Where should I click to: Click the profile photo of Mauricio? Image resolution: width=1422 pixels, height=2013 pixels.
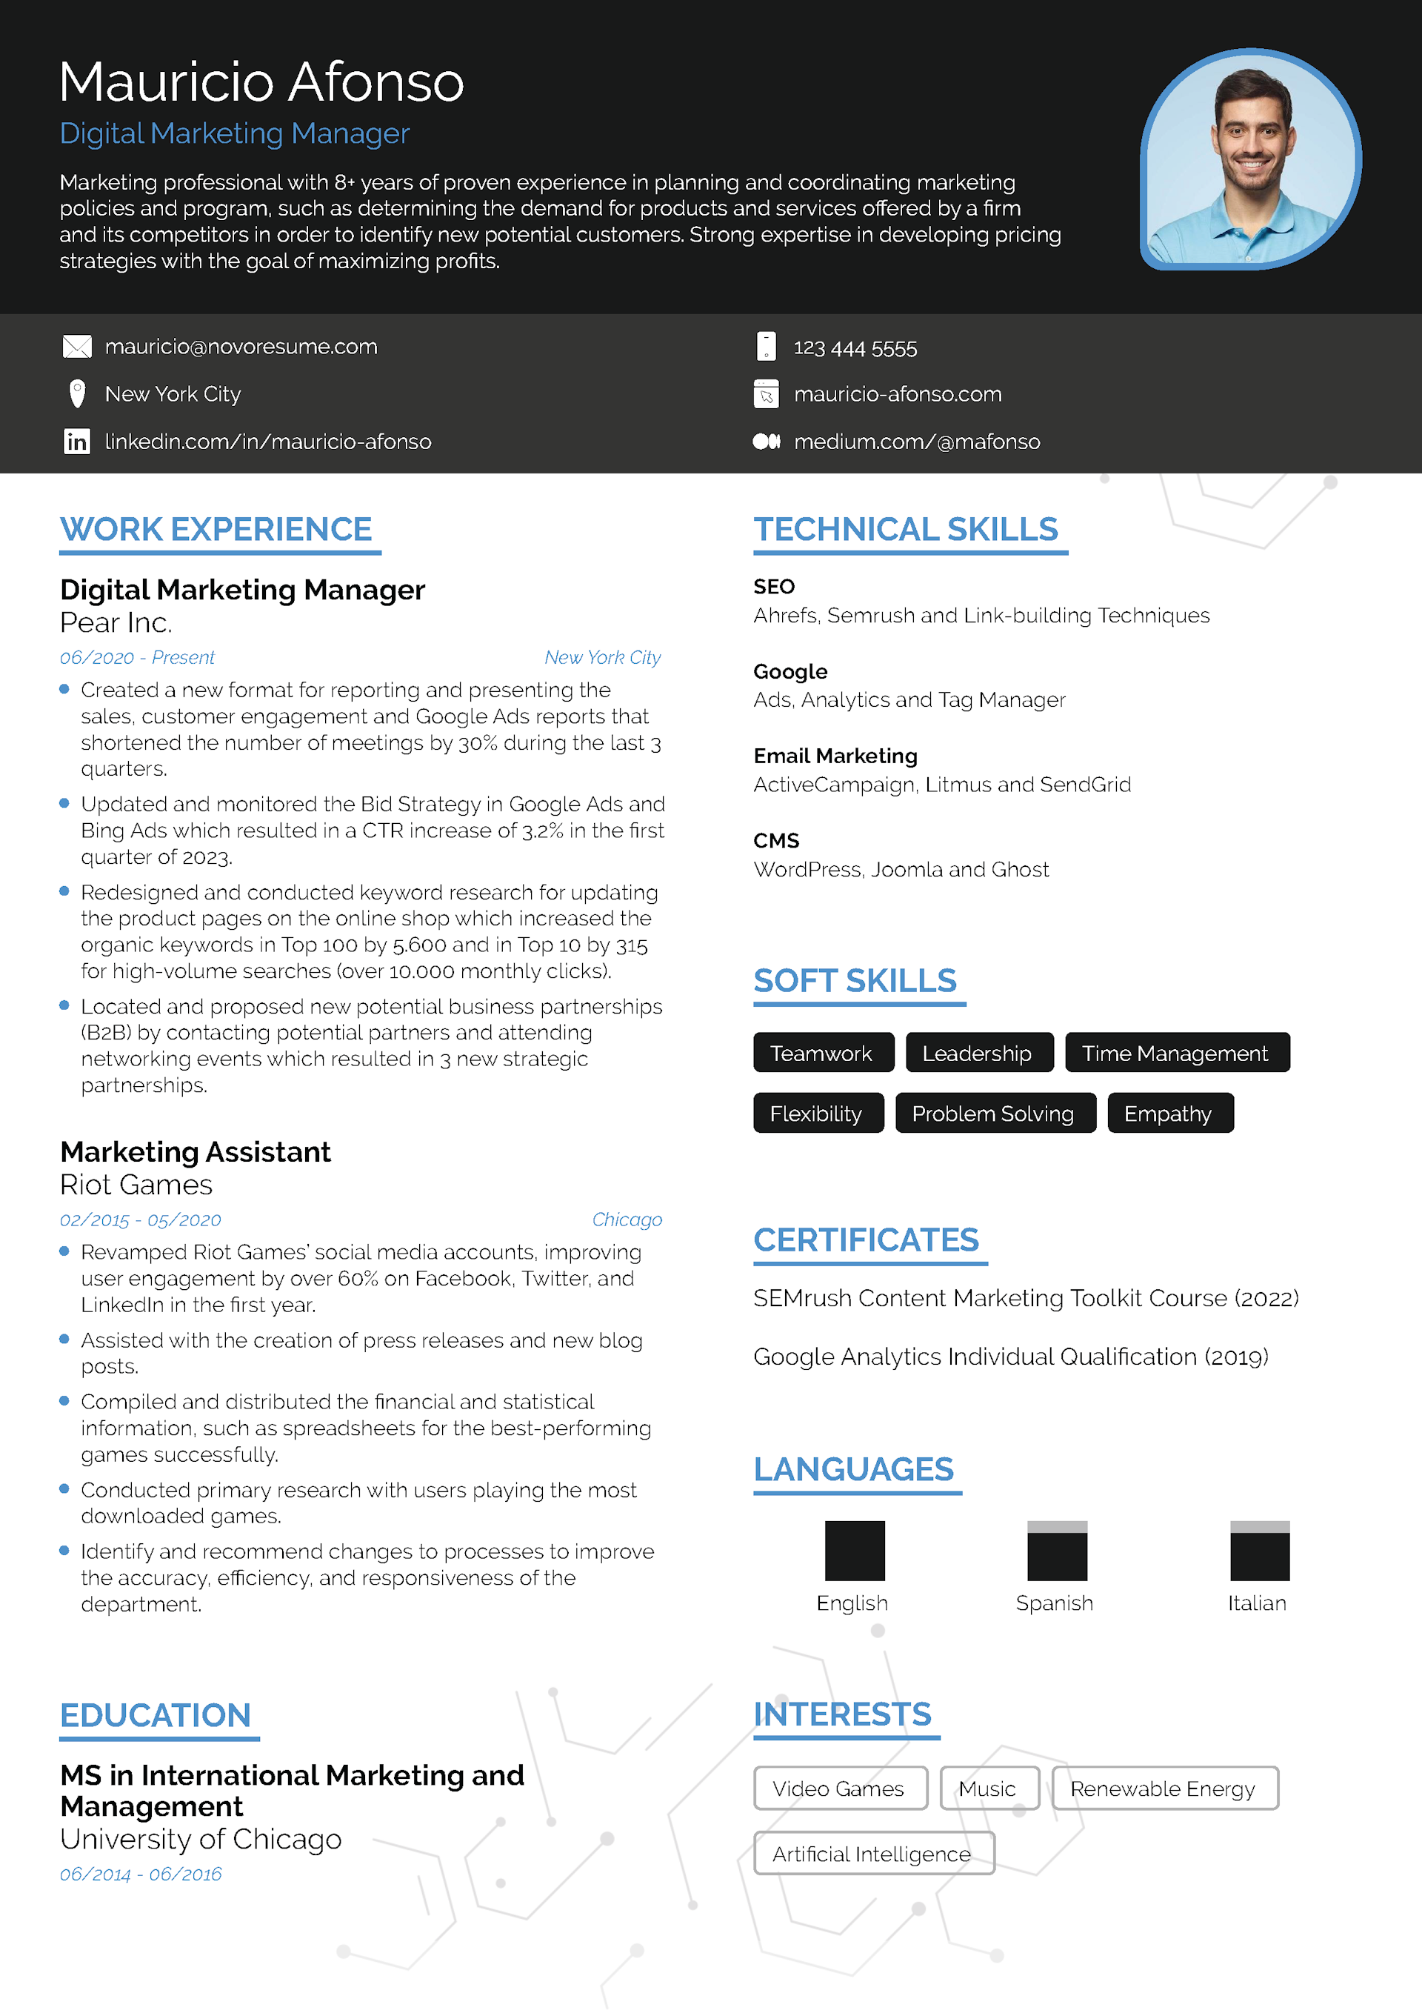coord(1250,159)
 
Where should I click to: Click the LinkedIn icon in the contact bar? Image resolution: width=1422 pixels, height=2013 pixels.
coord(77,441)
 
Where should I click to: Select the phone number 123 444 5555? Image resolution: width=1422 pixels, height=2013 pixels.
coord(855,348)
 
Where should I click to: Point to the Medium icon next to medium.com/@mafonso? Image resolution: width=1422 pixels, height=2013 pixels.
coord(767,441)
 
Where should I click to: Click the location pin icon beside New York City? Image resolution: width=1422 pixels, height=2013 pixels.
coord(77,393)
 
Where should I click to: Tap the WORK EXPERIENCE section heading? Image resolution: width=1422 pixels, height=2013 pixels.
coord(216,530)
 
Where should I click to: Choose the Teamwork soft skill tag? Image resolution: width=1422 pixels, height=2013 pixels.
coord(822,1052)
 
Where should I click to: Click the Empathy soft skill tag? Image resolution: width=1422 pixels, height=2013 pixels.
coord(1169,1113)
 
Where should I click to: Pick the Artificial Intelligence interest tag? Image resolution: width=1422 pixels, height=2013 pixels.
coord(872,1854)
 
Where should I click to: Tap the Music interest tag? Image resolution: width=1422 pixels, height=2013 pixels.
coord(987,1789)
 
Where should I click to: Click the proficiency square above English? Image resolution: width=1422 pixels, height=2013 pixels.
coord(855,1550)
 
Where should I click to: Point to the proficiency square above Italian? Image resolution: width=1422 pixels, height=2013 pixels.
coord(1259,1550)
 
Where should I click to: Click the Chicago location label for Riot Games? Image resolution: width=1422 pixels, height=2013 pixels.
coord(627,1220)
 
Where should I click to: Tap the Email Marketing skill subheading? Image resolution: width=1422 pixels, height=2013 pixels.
coord(835,756)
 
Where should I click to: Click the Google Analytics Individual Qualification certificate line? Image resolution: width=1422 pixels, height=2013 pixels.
coord(1010,1357)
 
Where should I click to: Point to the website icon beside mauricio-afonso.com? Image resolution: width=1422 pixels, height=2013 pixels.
coord(767,393)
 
